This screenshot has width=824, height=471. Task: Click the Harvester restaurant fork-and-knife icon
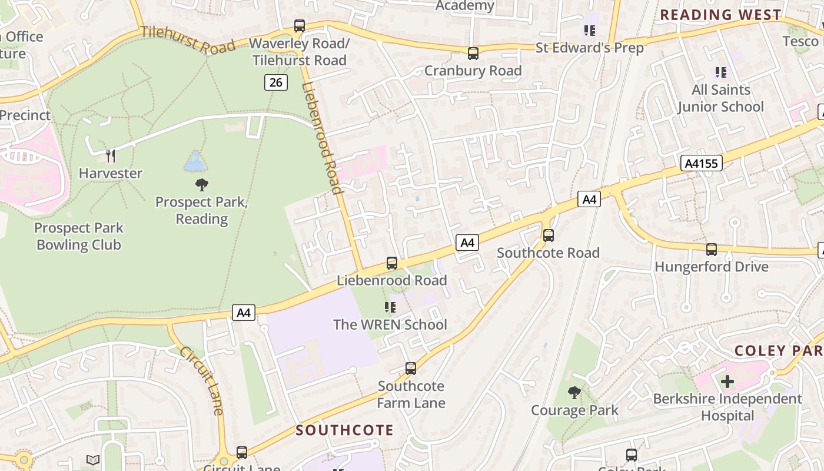(x=110, y=155)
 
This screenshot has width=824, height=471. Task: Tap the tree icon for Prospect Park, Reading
(x=202, y=185)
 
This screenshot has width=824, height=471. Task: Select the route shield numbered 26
(x=275, y=82)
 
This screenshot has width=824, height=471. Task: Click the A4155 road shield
(x=702, y=163)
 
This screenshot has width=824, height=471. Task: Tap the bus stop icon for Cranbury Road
(x=473, y=54)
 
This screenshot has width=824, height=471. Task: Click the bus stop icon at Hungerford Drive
(x=711, y=250)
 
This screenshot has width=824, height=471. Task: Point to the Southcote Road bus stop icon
(x=549, y=235)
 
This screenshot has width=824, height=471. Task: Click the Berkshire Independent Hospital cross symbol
(x=727, y=382)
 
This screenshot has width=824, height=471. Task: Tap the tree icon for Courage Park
(x=574, y=392)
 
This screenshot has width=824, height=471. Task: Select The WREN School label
(x=390, y=324)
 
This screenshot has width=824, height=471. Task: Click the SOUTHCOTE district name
(x=344, y=430)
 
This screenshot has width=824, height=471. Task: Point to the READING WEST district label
(x=720, y=15)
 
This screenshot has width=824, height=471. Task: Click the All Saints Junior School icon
(x=720, y=72)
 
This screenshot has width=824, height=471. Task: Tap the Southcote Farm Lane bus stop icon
(x=411, y=369)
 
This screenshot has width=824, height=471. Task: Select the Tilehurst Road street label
(x=188, y=40)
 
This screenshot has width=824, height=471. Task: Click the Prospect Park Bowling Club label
(x=79, y=236)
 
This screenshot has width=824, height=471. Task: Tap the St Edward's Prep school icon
(x=589, y=30)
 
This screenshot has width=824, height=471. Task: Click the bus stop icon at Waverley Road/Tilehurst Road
(x=300, y=26)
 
